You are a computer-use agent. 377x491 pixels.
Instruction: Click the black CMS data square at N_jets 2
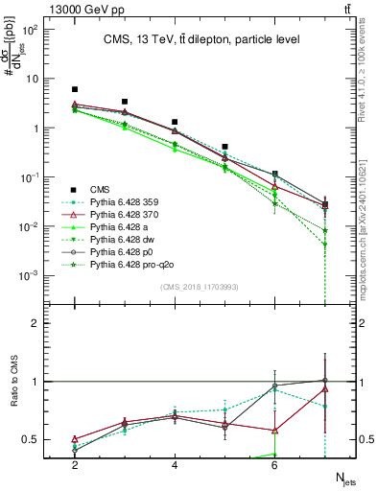pyautogui.click(x=75, y=89)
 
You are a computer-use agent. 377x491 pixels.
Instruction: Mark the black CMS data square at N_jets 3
pyautogui.click(x=125, y=102)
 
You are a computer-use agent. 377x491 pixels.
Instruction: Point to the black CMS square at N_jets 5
pyautogui.click(x=224, y=147)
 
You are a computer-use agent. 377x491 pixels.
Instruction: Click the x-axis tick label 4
pyautogui.click(x=175, y=465)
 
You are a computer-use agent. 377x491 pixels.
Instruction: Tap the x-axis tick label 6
pyautogui.click(x=274, y=465)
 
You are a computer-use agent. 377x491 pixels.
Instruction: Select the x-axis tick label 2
pyautogui.click(x=75, y=465)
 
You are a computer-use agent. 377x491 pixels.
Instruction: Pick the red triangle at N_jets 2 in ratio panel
pyautogui.click(x=75, y=439)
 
